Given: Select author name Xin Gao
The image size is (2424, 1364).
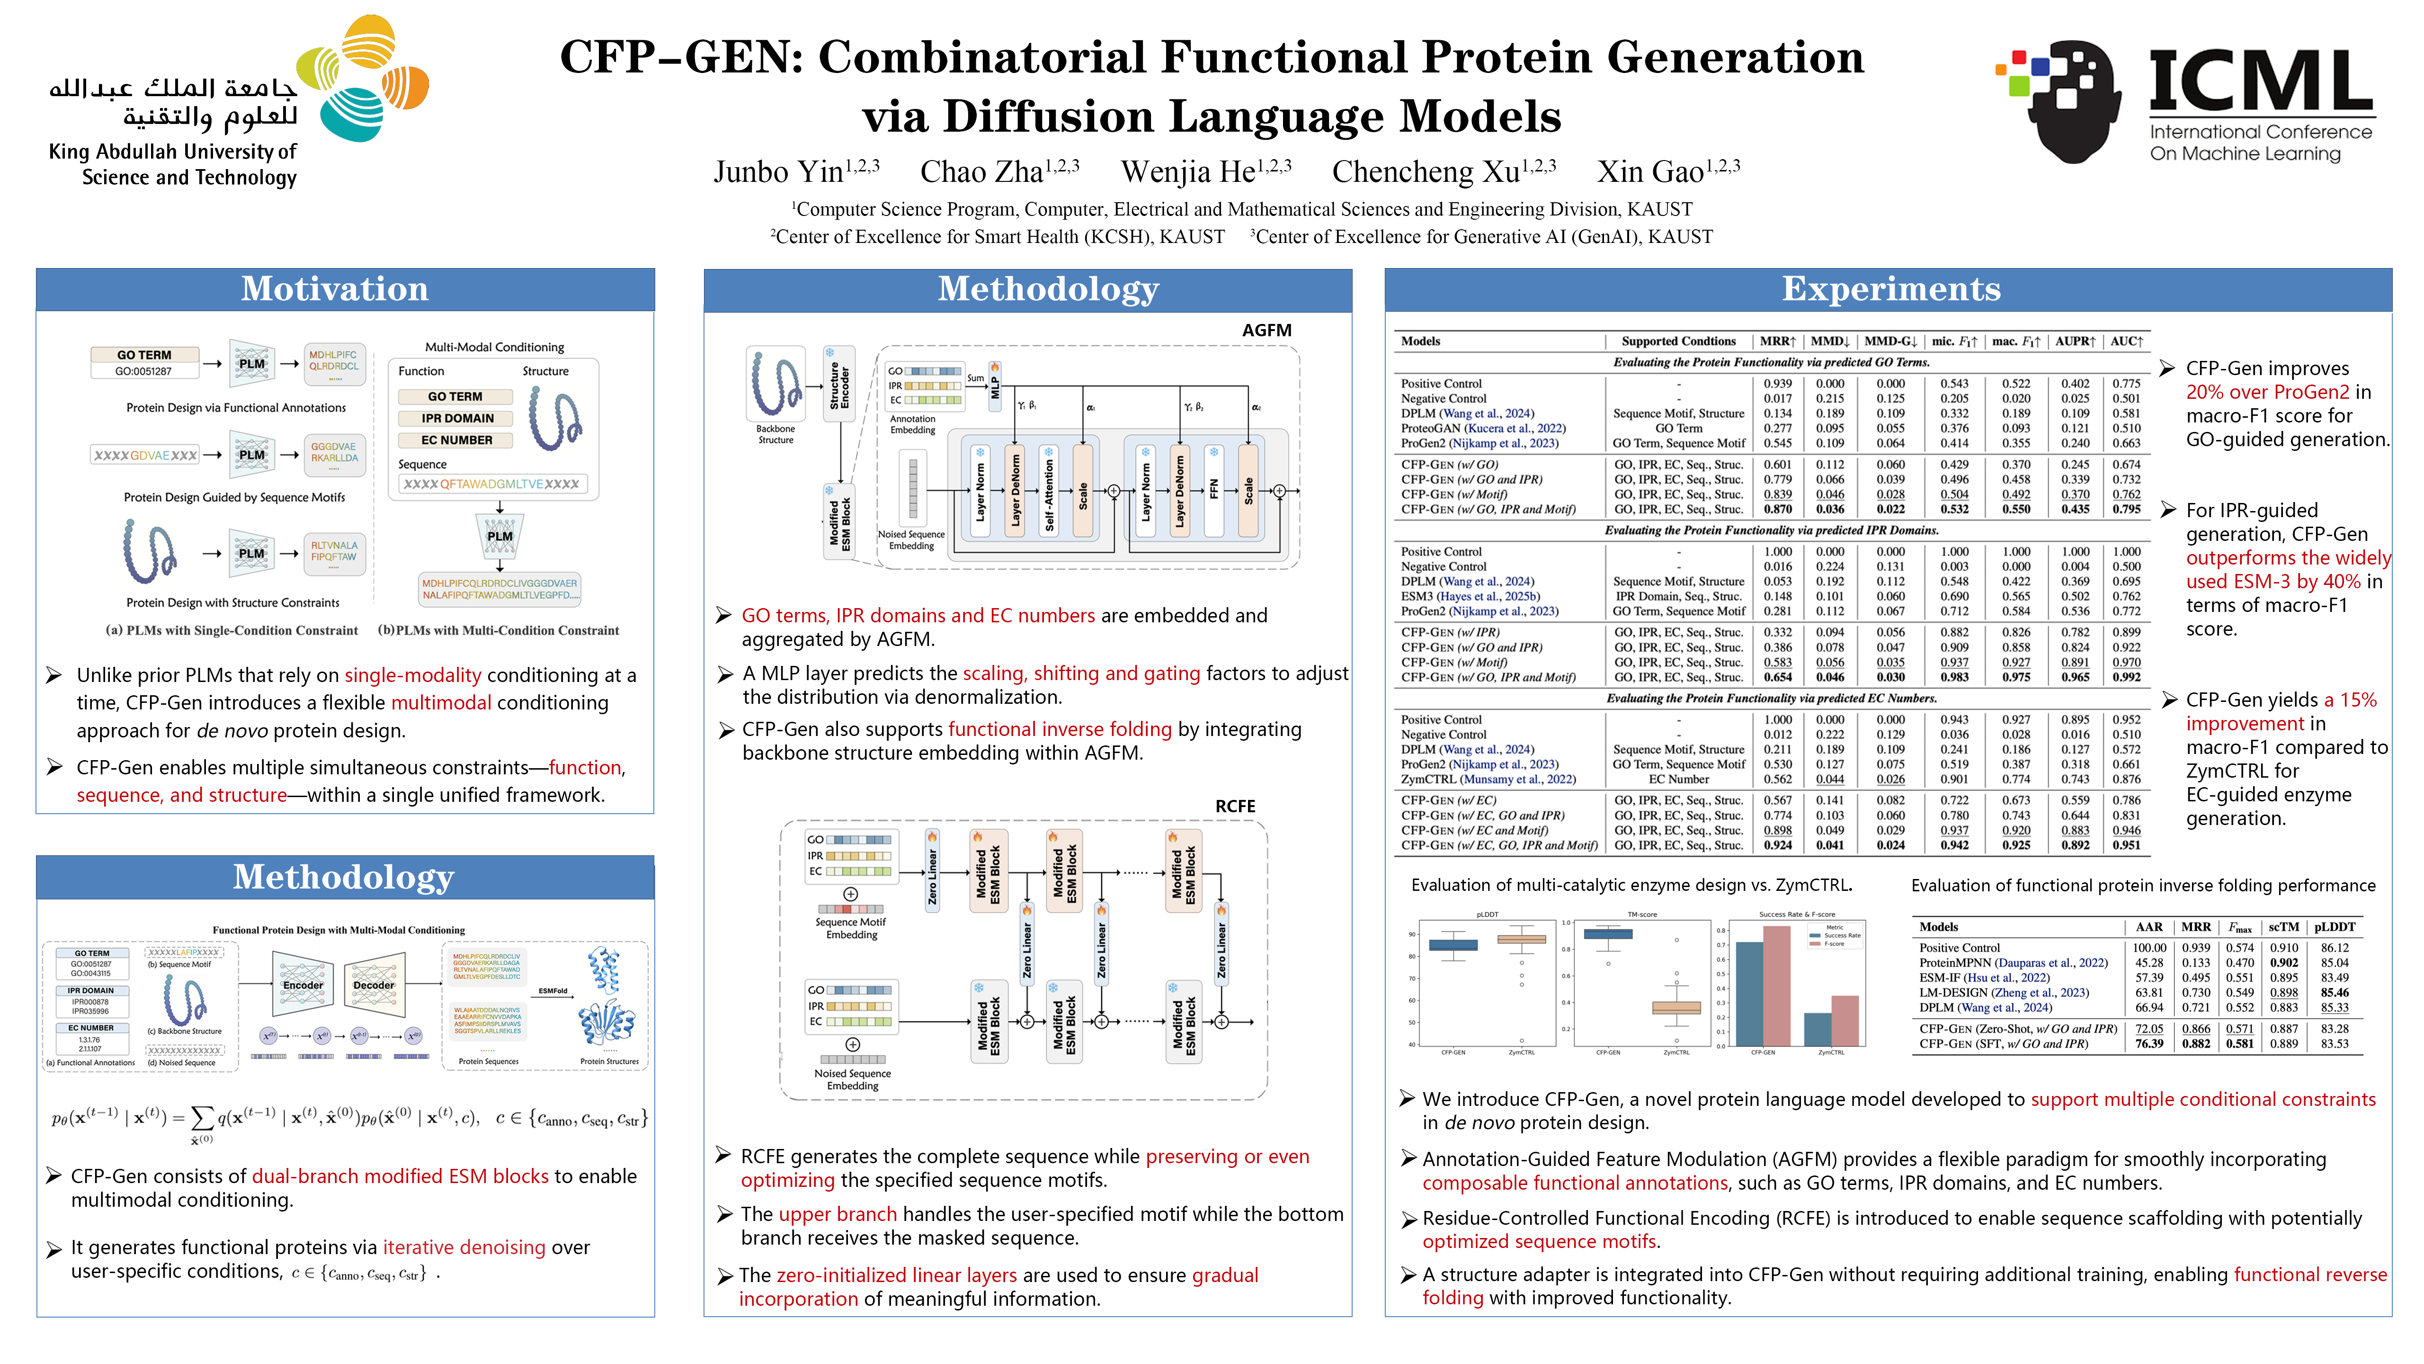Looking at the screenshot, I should point(1650,172).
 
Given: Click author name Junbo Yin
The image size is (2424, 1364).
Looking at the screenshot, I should point(778,172).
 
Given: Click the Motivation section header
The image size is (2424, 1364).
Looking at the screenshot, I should point(335,289).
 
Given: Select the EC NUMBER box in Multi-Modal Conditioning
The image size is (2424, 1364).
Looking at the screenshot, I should point(456,440).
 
